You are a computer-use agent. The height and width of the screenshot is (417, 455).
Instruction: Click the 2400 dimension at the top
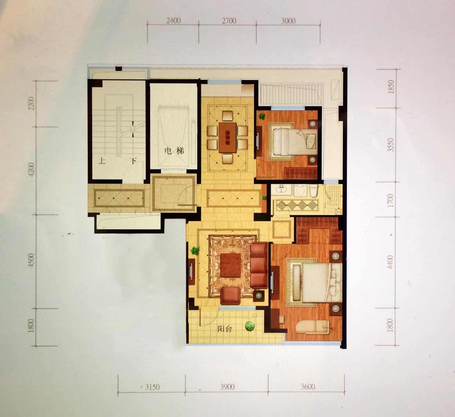coord(173,21)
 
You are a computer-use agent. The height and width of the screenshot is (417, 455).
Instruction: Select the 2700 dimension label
coord(229,21)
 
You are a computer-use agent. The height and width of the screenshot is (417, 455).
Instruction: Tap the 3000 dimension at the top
coord(288,21)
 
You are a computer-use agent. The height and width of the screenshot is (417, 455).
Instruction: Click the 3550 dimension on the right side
coord(390,145)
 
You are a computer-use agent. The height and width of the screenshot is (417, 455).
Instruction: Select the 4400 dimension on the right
coord(390,262)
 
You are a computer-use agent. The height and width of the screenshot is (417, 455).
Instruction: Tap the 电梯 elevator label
coord(174,151)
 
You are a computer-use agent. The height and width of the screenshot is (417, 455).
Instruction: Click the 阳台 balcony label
coord(225,329)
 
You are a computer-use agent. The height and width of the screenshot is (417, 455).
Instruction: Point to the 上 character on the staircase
coord(102,161)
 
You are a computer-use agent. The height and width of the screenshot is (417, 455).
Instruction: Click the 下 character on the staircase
coord(133,161)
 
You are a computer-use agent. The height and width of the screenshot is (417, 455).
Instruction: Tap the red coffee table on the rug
coord(230,265)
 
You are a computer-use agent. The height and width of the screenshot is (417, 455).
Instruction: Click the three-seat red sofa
coord(259,265)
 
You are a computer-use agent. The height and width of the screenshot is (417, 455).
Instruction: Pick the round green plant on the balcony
coord(250,326)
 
